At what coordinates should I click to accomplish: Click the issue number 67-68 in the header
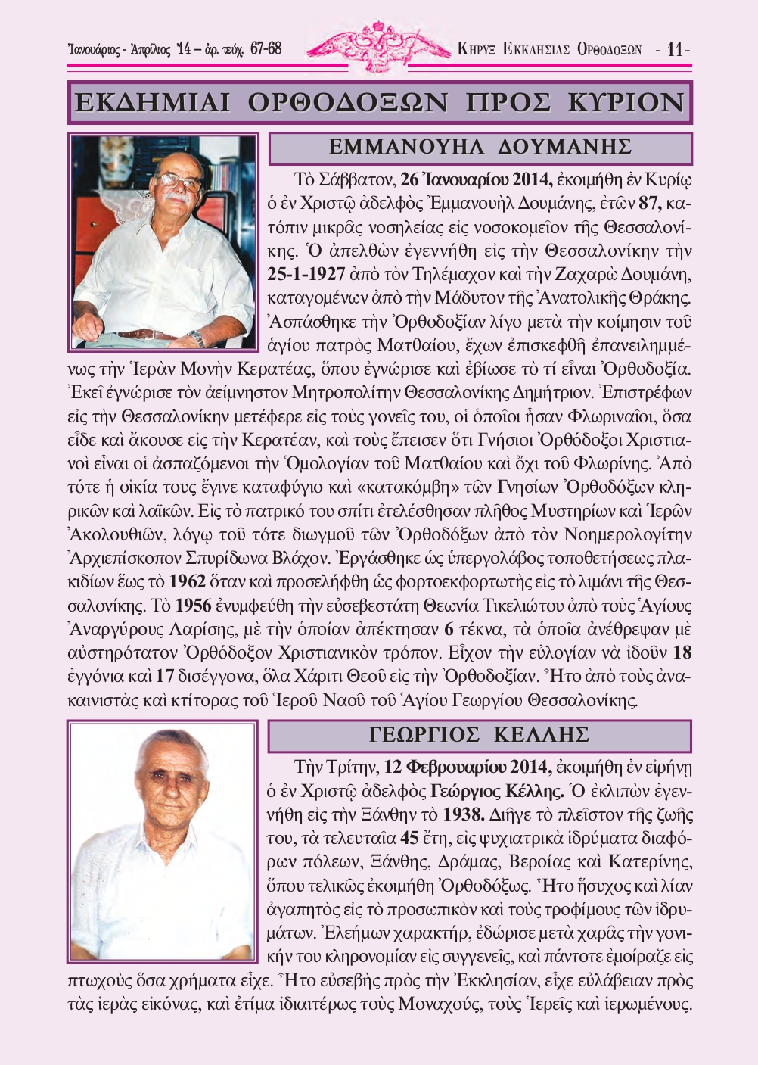266,48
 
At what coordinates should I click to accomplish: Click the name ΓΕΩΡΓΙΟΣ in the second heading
424,735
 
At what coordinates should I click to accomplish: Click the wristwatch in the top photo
197,337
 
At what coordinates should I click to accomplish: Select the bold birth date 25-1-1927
306,274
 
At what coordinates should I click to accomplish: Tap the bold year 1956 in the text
193,606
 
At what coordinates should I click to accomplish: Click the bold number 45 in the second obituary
409,838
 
